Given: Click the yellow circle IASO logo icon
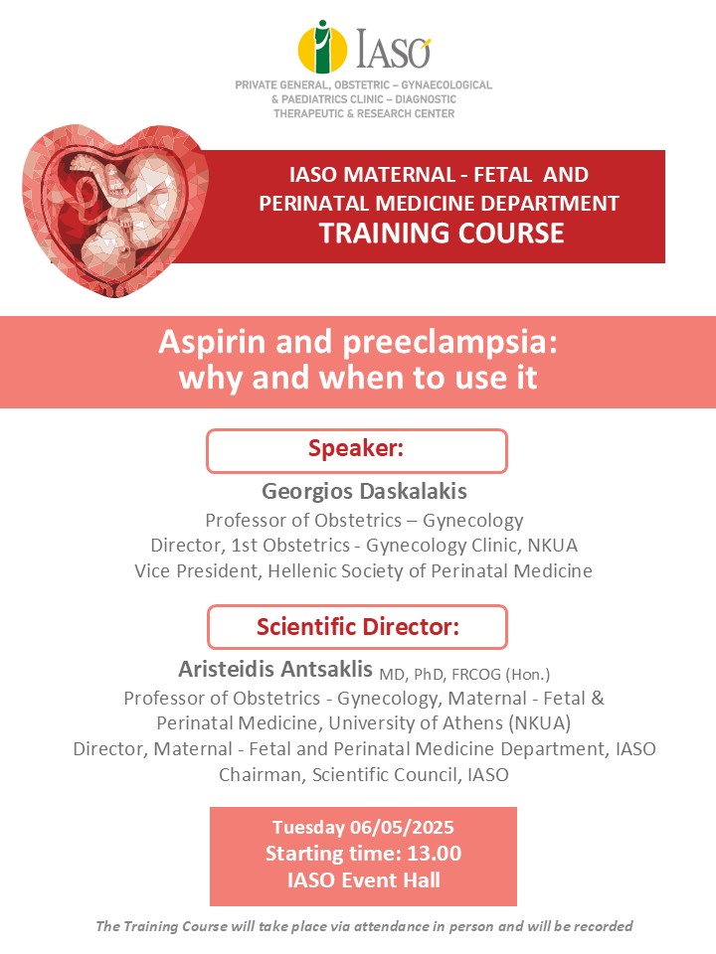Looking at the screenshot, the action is pos(322,48).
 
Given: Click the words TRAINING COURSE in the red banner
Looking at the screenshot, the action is pos(442,233).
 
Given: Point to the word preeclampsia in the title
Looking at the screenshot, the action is pos(449,344).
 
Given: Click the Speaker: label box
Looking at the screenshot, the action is pos(357,451).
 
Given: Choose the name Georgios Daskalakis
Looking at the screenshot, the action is pos(364,491).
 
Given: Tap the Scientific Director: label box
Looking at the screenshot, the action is pos(357,627).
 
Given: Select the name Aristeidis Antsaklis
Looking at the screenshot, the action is pos(275,669).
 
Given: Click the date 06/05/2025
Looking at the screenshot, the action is pos(402,828).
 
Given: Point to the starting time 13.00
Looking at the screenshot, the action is pos(435,854).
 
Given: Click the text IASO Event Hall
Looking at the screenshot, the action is pos(364,880).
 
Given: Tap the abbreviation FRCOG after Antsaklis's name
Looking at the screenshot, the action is pos(476,674).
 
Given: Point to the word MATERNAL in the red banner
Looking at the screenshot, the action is pos(399,175).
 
